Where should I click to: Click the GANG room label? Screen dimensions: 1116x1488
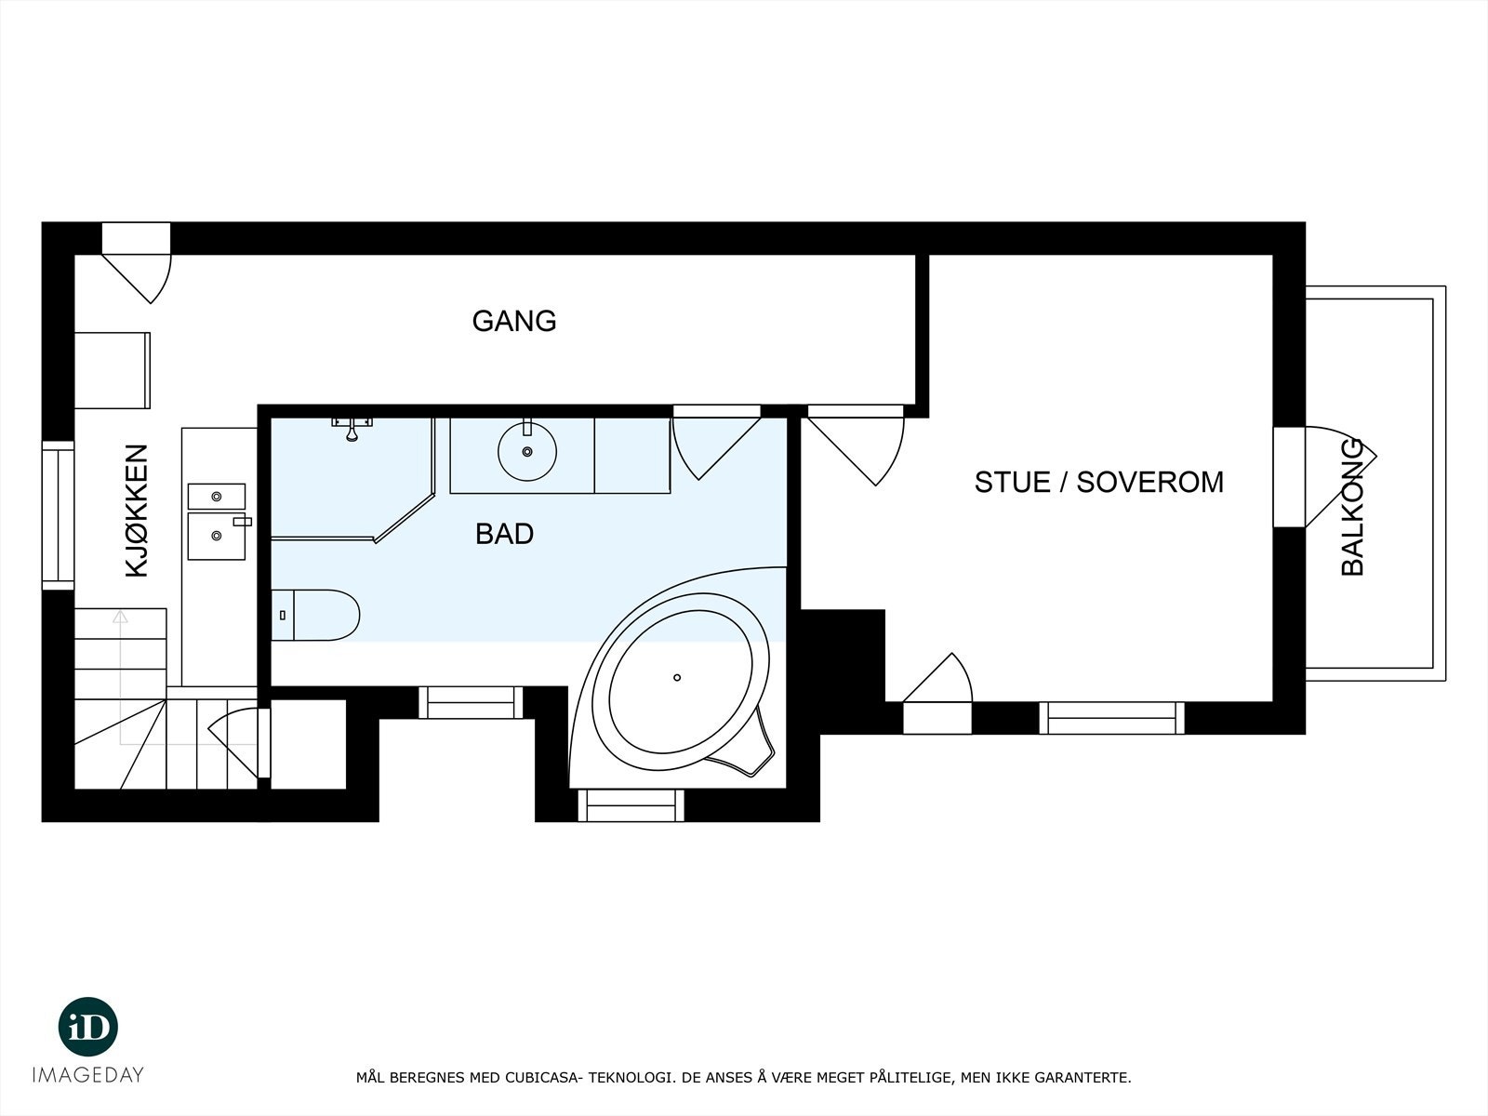[513, 321]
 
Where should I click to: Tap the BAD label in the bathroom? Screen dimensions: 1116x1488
[504, 534]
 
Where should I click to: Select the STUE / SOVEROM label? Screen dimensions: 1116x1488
[1098, 482]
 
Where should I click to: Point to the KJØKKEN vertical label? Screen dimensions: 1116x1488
[137, 511]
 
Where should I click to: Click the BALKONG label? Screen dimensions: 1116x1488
[1353, 507]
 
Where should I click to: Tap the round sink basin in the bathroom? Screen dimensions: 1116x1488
[527, 451]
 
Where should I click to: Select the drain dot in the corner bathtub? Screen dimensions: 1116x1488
[677, 677]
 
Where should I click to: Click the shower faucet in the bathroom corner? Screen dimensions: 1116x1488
[352, 429]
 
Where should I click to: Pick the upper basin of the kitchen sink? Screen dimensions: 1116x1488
[217, 497]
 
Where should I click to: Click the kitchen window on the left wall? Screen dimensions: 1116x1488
[58, 516]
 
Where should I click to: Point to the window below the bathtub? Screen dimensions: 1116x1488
[631, 804]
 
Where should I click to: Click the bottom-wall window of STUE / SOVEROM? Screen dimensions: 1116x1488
[1111, 718]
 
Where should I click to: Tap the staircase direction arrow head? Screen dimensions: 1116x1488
[120, 616]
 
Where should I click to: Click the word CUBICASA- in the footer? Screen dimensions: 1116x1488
[543, 1078]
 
